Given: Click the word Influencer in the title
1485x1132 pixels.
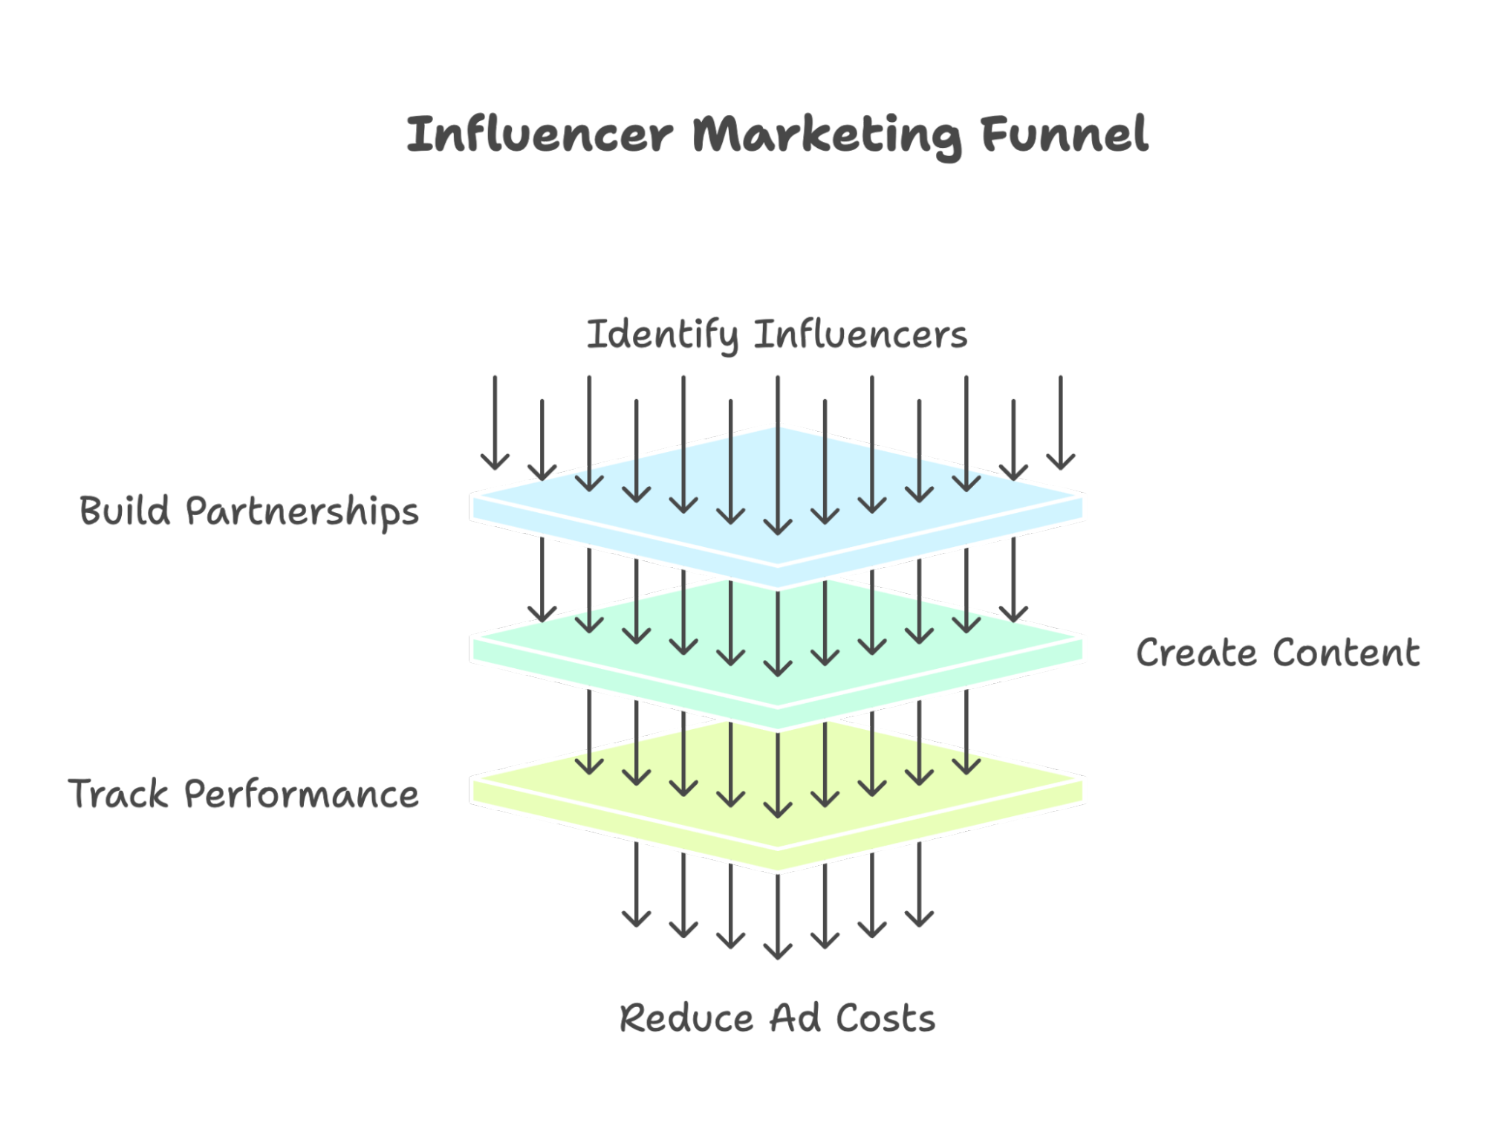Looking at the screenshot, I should [x=540, y=135].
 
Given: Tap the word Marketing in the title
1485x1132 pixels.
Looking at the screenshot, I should [x=826, y=136].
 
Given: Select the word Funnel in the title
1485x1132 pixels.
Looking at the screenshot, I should [x=1065, y=135].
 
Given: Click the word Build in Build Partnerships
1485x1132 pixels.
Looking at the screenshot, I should [x=125, y=511].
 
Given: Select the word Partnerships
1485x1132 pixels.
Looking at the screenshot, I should [x=302, y=512].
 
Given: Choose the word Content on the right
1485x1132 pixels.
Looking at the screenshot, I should [x=1345, y=653].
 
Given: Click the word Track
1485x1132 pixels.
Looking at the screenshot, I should [x=119, y=793].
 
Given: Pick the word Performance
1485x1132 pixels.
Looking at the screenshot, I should [x=302, y=794].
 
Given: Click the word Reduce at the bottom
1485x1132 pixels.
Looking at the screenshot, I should [x=686, y=1018].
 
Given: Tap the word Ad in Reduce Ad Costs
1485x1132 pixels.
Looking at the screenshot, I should [x=795, y=1018].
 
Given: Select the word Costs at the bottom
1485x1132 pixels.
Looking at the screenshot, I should [x=886, y=1018].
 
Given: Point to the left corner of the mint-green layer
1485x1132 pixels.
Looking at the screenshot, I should [x=472, y=638].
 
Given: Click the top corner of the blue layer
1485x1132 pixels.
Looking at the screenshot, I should [x=778, y=425].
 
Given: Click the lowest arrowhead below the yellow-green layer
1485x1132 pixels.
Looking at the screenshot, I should [x=778, y=954].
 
